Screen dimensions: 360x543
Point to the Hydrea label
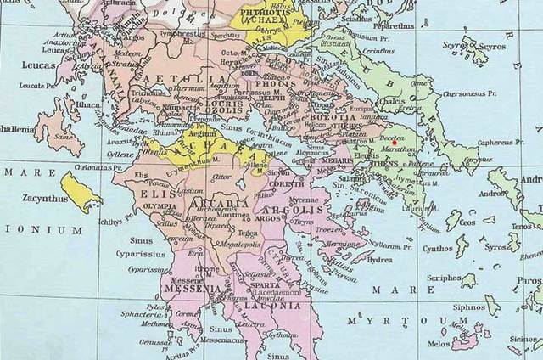tap(378, 261)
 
